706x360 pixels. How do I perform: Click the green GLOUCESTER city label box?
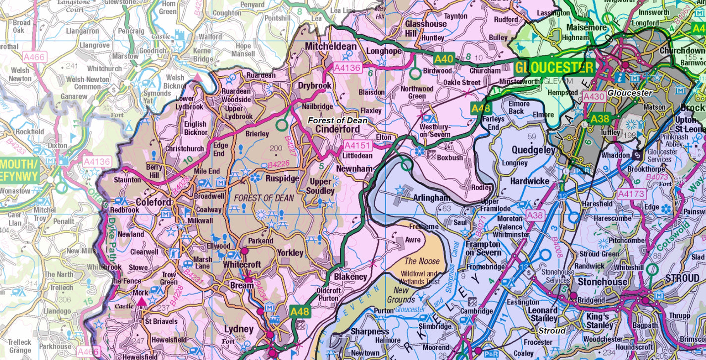pos(555,67)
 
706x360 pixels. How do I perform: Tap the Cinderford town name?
pos(338,129)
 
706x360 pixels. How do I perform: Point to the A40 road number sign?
pos(444,59)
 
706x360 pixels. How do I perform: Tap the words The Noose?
pos(422,261)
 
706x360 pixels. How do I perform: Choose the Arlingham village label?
pos(432,198)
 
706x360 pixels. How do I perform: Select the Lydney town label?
pos(239,329)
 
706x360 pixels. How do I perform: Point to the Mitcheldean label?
pos(331,46)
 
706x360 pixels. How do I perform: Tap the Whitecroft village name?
pos(242,265)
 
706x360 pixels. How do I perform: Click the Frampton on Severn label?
pos(483,248)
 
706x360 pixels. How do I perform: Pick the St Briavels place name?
pos(161,321)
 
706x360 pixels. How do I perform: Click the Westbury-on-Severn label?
pos(435,130)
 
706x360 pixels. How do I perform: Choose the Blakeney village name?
pos(351,277)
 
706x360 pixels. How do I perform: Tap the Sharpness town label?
pos(370,331)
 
